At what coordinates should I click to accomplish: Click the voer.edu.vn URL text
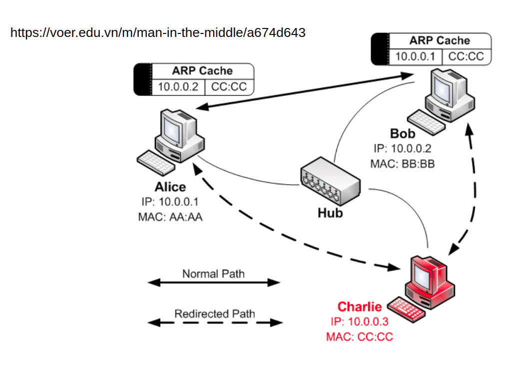click(x=158, y=33)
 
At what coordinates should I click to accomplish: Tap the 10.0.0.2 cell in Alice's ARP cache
click(x=178, y=86)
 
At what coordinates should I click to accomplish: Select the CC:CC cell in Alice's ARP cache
click(x=229, y=86)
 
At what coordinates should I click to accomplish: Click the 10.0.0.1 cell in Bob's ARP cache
click(x=416, y=56)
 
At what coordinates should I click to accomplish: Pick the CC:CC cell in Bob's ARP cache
click(x=466, y=56)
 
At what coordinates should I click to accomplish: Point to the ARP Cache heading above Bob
click(x=440, y=40)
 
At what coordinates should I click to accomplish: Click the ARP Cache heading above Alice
click(x=202, y=70)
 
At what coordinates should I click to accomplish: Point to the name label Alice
click(x=170, y=187)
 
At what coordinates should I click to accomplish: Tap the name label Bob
click(x=403, y=134)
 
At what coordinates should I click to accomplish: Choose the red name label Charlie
click(x=360, y=307)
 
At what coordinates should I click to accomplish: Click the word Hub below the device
click(x=330, y=213)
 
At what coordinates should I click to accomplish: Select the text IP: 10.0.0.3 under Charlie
click(x=360, y=322)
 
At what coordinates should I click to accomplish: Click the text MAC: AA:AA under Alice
click(x=170, y=217)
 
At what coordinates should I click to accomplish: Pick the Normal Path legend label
click(x=213, y=274)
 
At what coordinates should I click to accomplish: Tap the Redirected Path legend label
click(x=214, y=314)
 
